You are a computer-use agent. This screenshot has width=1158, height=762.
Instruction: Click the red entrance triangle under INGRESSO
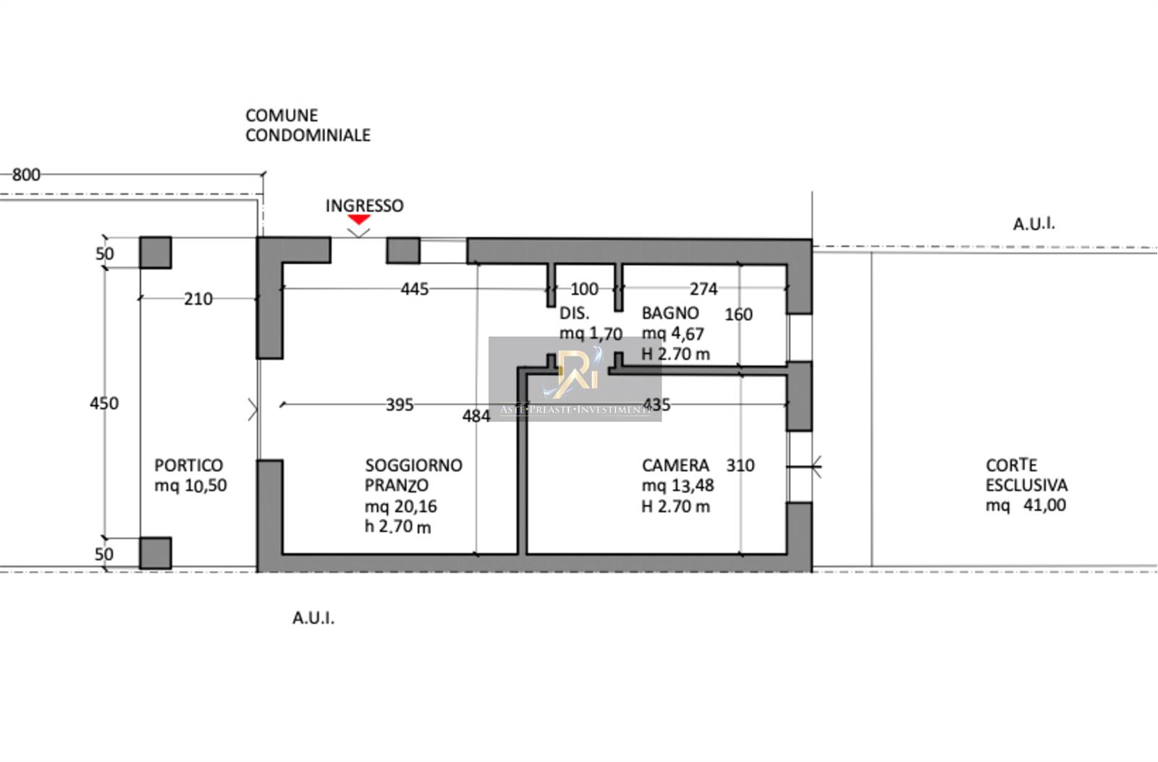tap(359, 219)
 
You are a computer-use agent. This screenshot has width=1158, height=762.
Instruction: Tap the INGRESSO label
tap(365, 206)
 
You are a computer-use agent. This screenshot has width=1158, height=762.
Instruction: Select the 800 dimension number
tap(26, 174)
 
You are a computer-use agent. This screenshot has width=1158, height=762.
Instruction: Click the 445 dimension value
tap(415, 289)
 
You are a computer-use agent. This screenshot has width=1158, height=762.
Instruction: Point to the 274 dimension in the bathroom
tap(703, 289)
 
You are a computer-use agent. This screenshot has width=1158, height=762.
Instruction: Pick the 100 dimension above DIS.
tap(584, 289)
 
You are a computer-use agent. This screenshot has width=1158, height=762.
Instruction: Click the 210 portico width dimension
tap(198, 299)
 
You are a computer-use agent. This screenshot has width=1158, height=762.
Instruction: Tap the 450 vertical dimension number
tap(104, 403)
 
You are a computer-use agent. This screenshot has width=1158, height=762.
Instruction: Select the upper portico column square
tap(156, 253)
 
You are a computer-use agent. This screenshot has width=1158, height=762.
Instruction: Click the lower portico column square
tap(156, 553)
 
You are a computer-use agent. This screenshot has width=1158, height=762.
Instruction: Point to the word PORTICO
tap(189, 465)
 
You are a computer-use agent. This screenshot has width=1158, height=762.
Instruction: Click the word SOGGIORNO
tap(413, 465)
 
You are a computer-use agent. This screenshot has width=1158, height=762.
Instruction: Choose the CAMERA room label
tap(676, 465)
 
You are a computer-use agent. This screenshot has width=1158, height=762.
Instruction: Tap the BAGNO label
tap(670, 313)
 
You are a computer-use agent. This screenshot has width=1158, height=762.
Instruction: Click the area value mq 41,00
tap(1026, 505)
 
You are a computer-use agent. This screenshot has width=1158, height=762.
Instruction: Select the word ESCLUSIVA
tap(1027, 486)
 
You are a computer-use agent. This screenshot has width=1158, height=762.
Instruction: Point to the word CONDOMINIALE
tap(308, 135)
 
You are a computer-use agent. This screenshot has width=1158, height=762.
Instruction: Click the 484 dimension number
tap(476, 415)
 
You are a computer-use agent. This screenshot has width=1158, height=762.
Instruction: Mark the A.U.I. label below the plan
tap(313, 618)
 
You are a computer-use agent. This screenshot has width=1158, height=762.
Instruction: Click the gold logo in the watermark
tap(578, 373)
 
